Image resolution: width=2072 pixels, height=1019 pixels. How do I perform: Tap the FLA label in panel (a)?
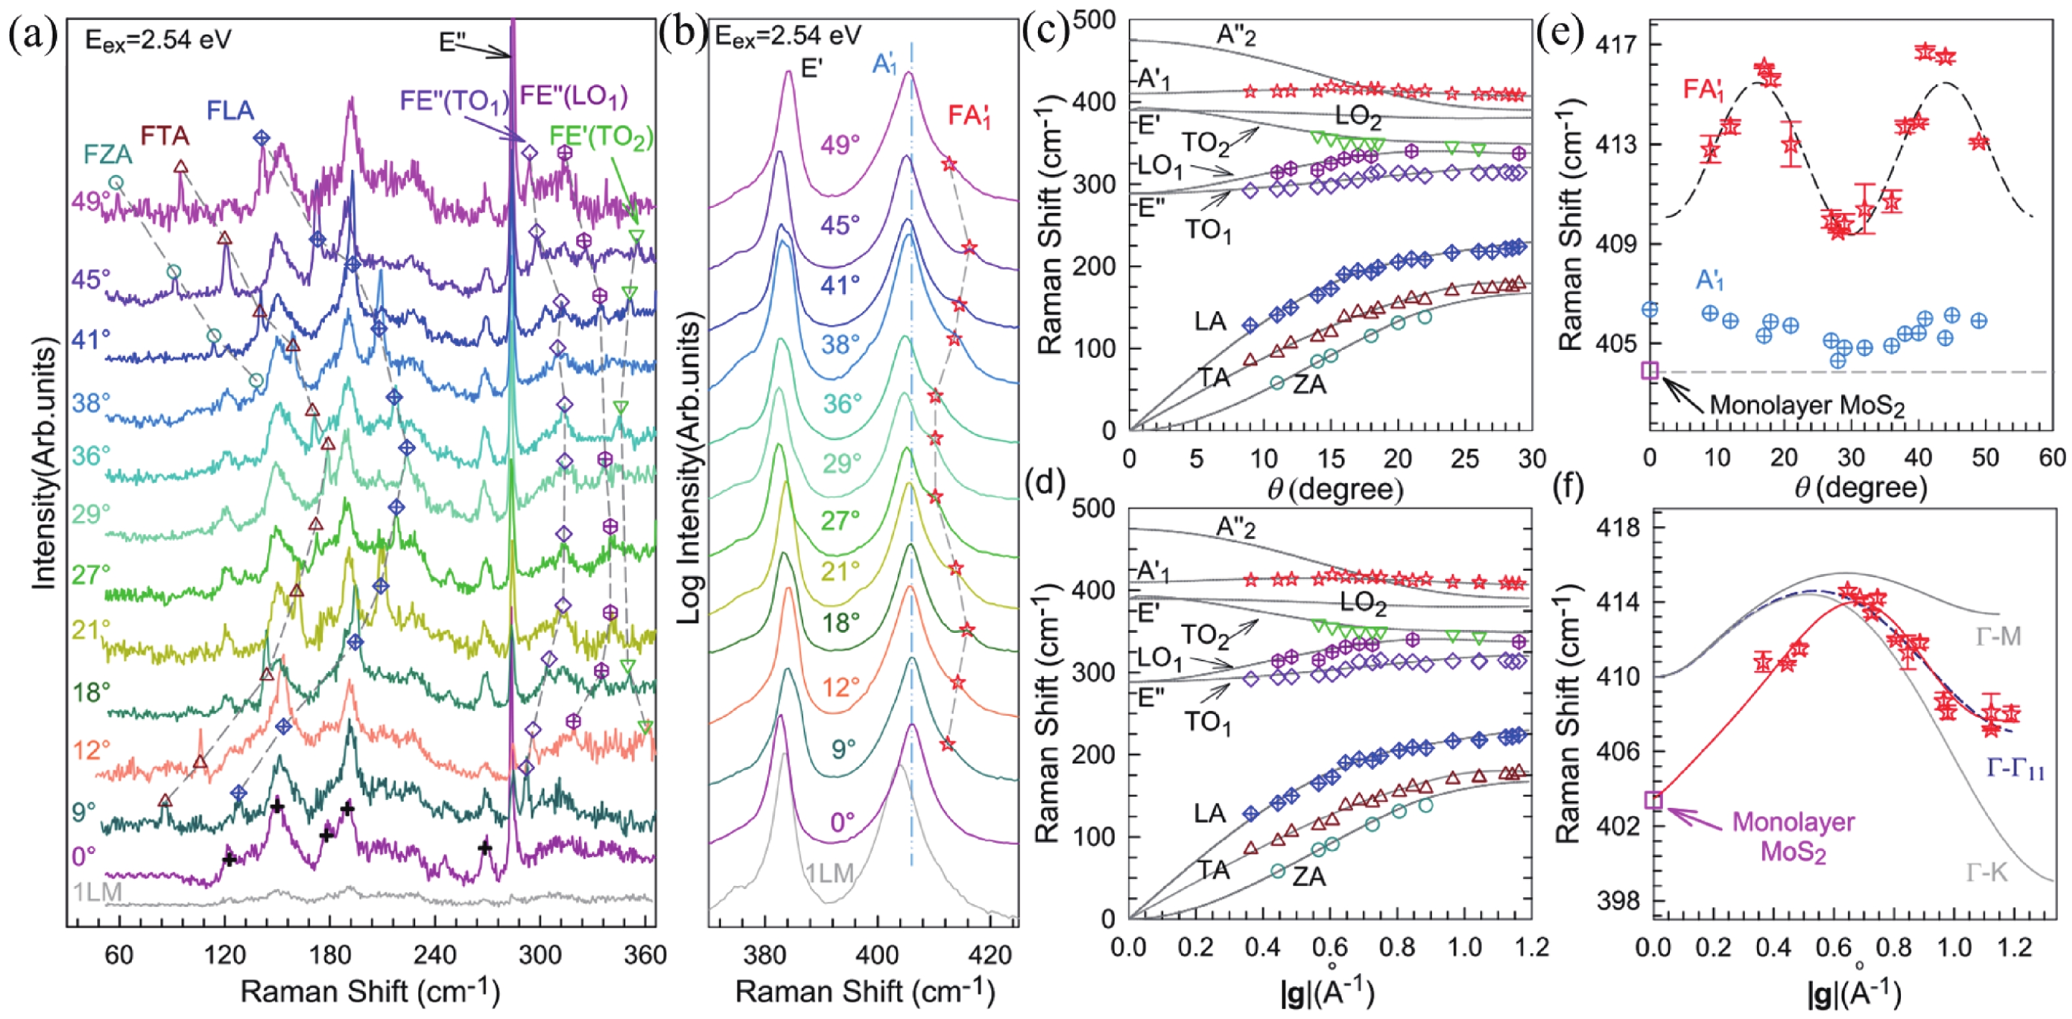tap(230, 110)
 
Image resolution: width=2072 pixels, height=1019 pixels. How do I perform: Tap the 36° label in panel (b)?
tap(839, 404)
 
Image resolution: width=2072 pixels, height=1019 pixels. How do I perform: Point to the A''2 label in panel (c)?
tap(1235, 36)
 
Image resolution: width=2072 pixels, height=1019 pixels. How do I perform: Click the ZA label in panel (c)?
tap(1310, 385)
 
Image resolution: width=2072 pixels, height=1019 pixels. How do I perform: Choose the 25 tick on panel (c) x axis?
tap(1465, 459)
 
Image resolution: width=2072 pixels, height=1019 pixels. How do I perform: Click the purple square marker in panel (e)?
tap(1650, 370)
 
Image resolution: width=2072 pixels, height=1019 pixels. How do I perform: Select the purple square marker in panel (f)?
tap(1654, 800)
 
